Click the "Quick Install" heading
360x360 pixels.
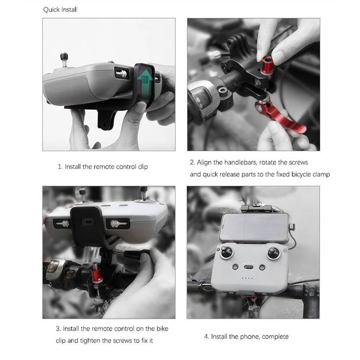point(60,10)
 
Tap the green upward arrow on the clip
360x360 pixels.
point(145,84)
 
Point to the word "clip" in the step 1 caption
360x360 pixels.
point(143,167)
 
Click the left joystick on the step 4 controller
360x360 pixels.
point(227,253)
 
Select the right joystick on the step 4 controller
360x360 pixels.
point(274,253)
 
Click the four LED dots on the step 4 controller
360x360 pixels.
point(248,278)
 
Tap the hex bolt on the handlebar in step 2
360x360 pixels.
point(222,91)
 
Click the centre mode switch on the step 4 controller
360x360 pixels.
point(249,267)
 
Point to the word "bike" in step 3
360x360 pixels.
point(162,329)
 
